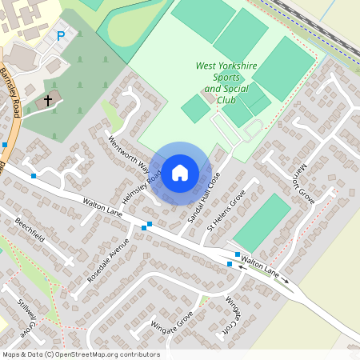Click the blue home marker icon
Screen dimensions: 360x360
pos(180,172)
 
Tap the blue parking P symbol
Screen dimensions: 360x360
pos(61,36)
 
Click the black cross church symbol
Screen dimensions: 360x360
pos(48,101)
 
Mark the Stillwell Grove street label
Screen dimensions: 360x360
pos(26,315)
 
